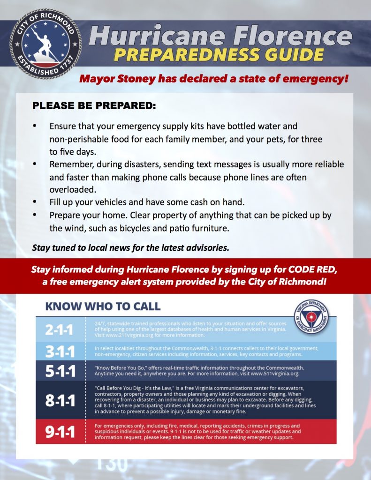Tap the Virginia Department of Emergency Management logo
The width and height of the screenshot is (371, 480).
(311, 315)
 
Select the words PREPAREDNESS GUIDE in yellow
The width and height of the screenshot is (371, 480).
(219, 54)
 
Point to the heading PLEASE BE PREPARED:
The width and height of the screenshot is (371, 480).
(94, 106)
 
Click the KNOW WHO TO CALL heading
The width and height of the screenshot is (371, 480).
(103, 307)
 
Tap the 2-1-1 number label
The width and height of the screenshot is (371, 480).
(60, 330)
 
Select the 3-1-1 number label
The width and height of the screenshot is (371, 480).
(60, 351)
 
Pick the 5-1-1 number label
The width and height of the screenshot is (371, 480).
(60, 371)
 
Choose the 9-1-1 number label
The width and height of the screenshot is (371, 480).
(60, 432)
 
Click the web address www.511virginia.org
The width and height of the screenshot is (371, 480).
(276, 374)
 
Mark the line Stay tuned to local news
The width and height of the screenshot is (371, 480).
(130, 247)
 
